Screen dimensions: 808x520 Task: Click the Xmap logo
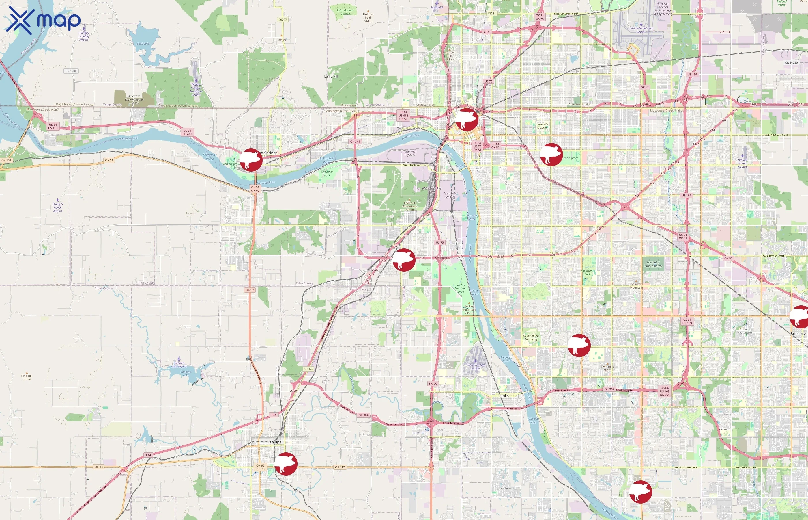point(43,20)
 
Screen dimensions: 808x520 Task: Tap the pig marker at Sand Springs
point(251,160)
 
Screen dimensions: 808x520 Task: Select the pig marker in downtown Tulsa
point(467,120)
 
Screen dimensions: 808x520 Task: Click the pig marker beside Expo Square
point(551,154)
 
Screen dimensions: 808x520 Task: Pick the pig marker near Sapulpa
point(286,464)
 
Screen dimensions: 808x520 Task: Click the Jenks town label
point(504,396)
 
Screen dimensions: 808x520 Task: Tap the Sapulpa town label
point(274,442)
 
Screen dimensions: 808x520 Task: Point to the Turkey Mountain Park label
point(461,288)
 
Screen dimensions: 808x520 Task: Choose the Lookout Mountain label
point(410,205)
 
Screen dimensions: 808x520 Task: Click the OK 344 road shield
point(355,142)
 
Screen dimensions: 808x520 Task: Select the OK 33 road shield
point(98,467)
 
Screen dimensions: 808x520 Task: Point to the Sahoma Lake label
point(186,374)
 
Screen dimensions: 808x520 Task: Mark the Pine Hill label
point(27,377)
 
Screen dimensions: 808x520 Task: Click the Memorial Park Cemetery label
point(653,264)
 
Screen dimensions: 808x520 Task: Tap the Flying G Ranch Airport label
point(58,207)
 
